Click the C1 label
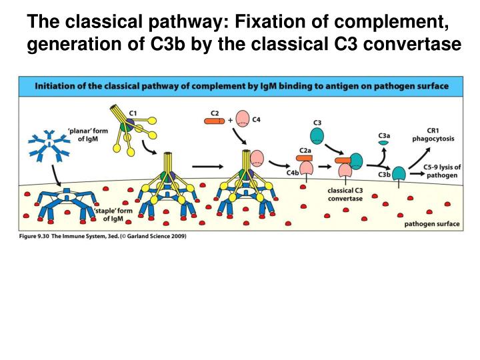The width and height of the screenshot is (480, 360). (134, 113)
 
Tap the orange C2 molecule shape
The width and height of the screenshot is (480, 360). (215, 121)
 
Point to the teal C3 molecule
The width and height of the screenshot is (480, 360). (317, 135)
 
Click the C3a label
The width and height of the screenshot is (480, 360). (384, 135)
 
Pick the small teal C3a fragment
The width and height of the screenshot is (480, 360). (384, 144)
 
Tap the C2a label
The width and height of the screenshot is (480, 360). (305, 151)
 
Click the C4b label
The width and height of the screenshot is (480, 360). (292, 173)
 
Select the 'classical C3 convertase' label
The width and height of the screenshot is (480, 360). (345, 194)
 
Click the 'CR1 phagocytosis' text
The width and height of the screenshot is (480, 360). (441, 135)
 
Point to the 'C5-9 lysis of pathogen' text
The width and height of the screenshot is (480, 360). (442, 171)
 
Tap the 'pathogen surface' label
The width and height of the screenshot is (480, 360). (432, 224)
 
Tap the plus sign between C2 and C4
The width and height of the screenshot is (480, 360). (231, 121)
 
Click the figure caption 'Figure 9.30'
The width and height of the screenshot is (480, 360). (34, 237)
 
